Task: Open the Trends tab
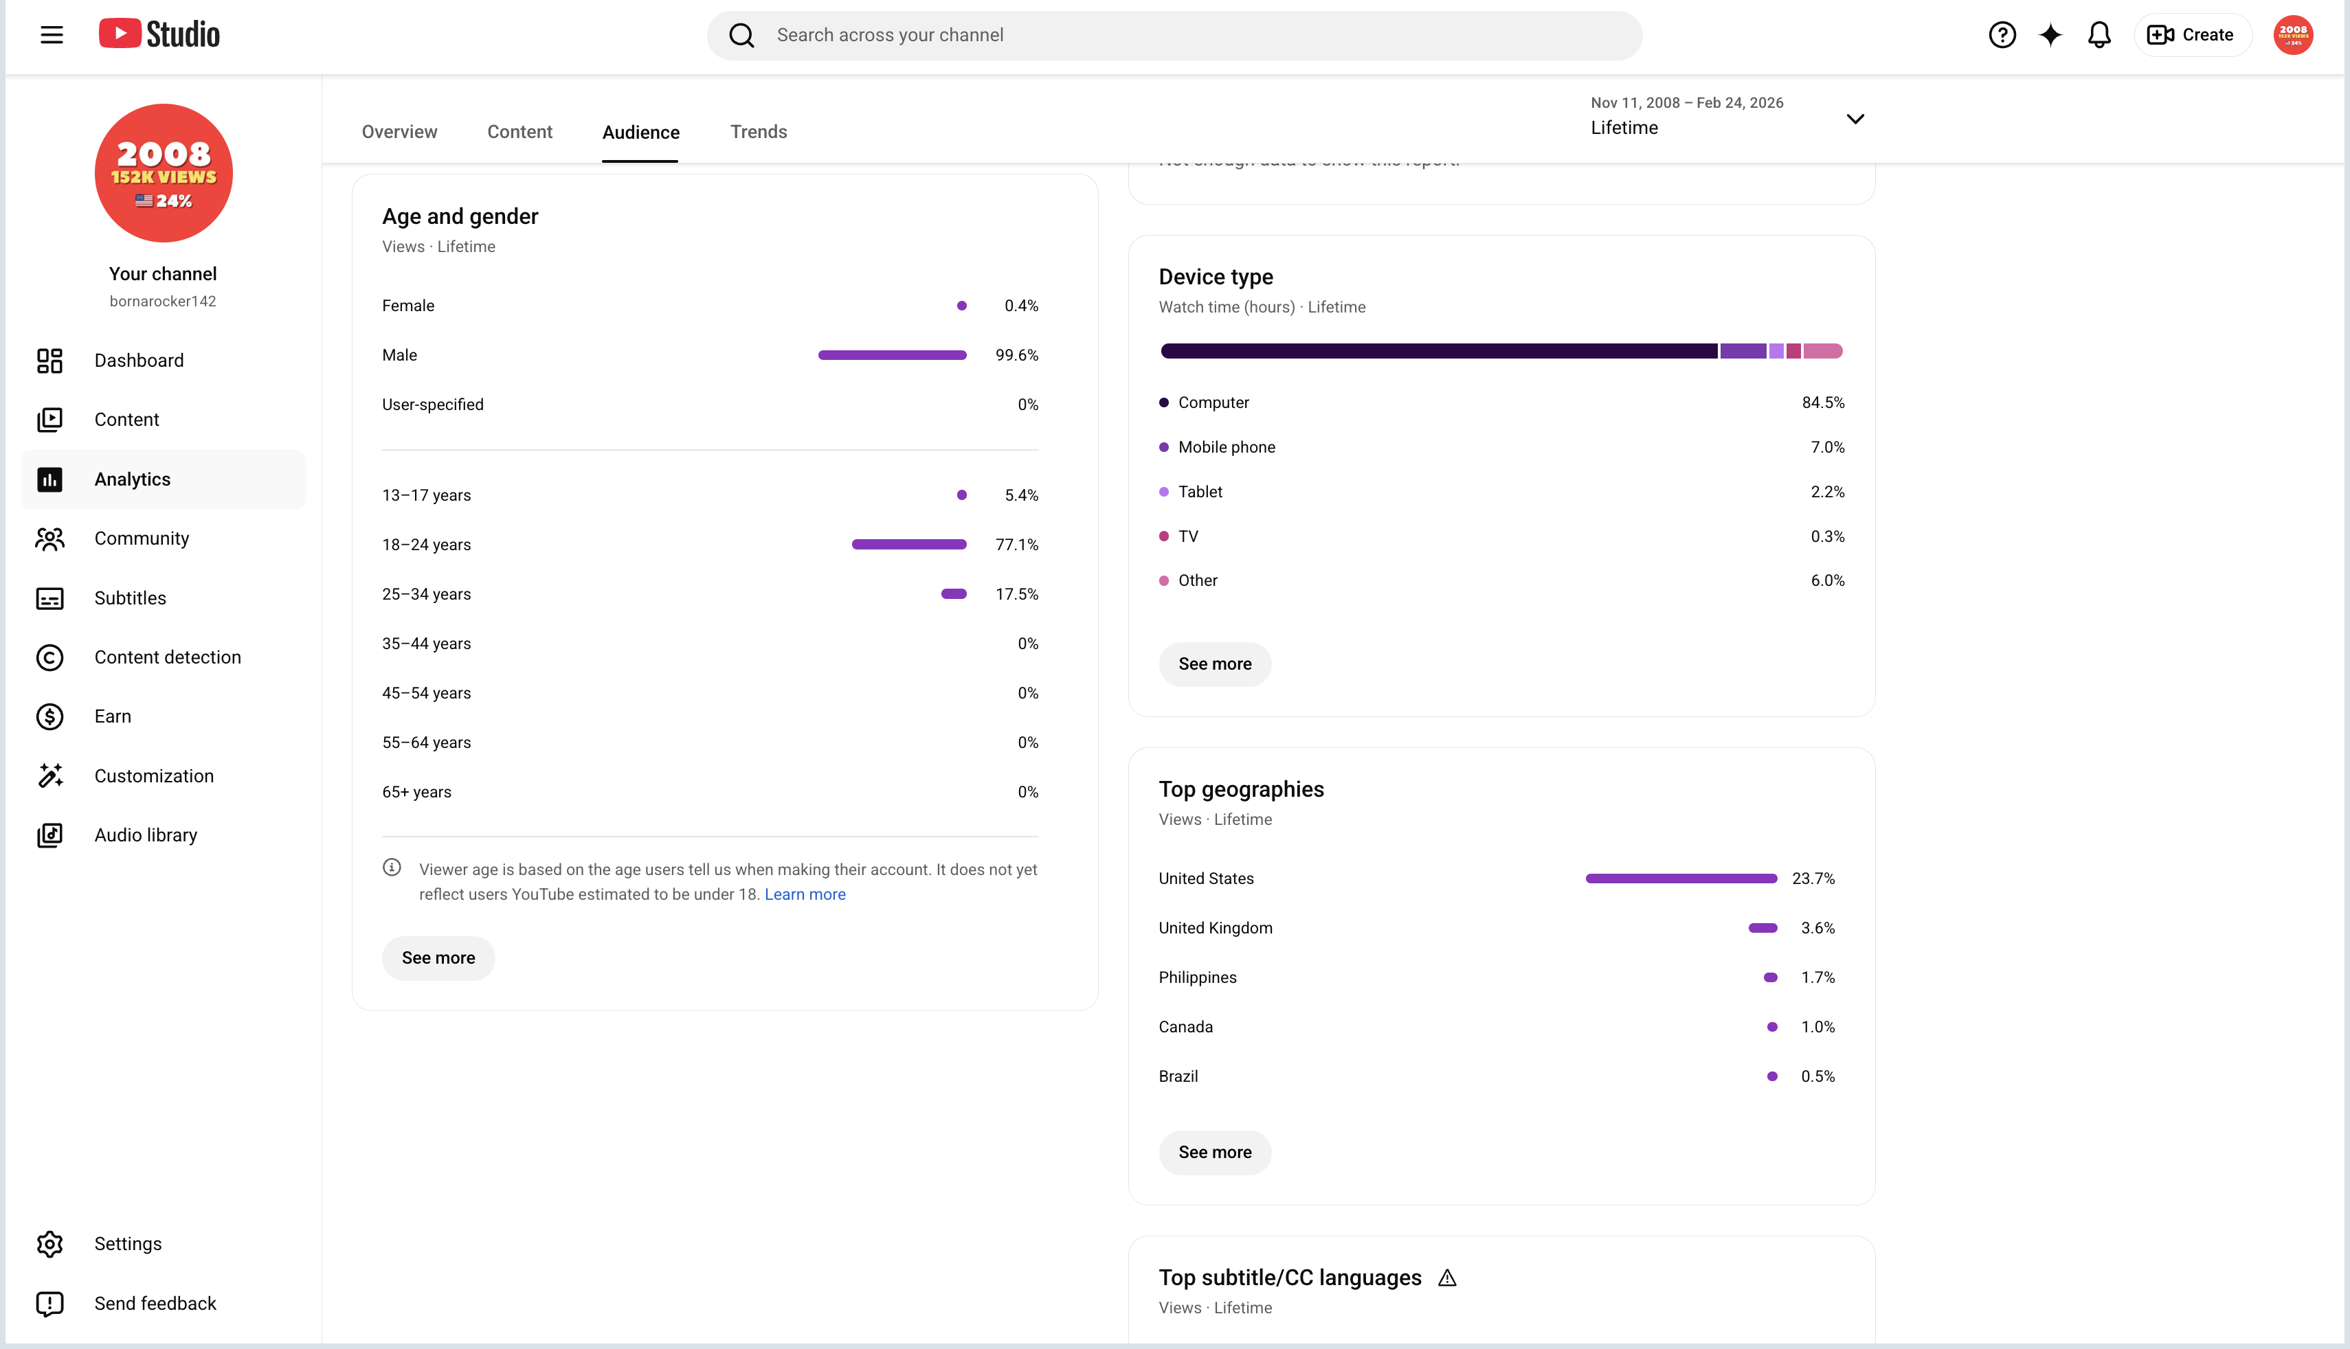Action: (758, 132)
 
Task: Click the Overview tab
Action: (399, 132)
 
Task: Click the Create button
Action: (2191, 35)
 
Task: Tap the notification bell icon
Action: (2099, 35)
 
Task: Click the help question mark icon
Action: (2002, 35)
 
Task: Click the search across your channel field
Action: (1174, 35)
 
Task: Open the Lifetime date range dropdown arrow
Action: (1855, 119)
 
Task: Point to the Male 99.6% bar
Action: (893, 355)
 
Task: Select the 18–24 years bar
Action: (909, 545)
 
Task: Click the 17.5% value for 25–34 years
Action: (1016, 594)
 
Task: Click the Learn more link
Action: (805, 894)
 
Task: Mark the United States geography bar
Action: (1681, 878)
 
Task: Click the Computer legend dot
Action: (1164, 402)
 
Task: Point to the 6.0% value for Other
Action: (1827, 580)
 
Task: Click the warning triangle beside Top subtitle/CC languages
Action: (1447, 1278)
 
